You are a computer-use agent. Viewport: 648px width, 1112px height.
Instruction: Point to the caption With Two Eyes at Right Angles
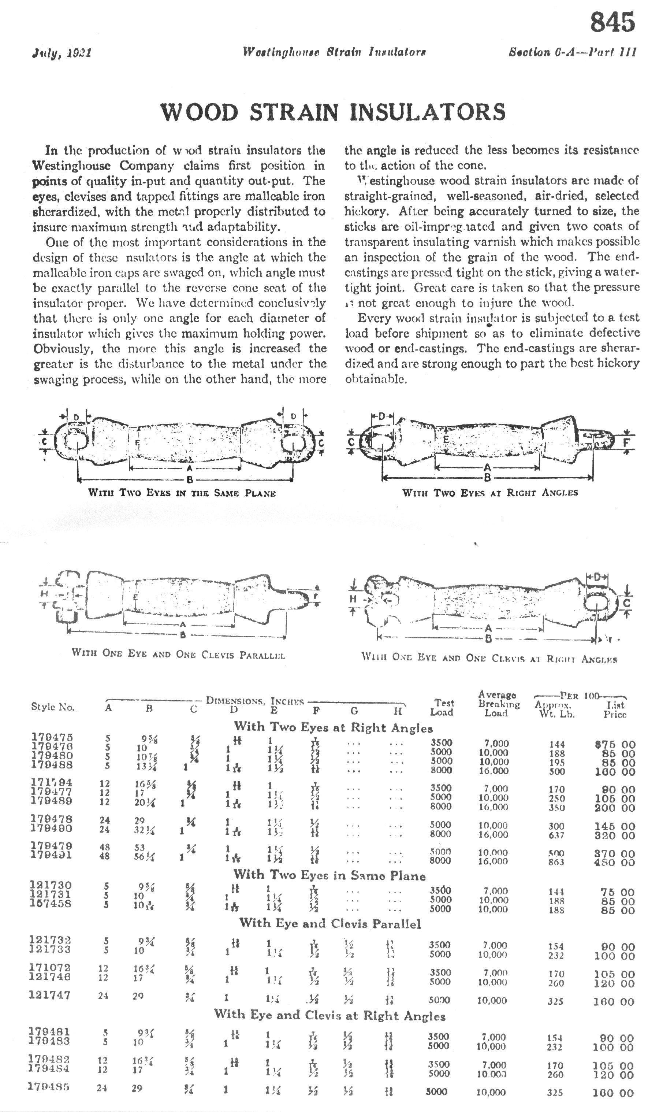click(489, 493)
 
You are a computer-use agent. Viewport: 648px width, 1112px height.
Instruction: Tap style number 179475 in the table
click(52, 737)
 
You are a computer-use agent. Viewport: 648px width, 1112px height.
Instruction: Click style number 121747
click(49, 995)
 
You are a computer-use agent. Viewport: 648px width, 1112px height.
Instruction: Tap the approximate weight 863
click(556, 862)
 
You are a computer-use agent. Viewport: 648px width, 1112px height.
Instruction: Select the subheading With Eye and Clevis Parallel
click(330, 924)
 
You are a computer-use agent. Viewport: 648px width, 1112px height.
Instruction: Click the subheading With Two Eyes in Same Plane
click(329, 875)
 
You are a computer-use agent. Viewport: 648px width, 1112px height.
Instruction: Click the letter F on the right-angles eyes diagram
click(626, 442)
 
